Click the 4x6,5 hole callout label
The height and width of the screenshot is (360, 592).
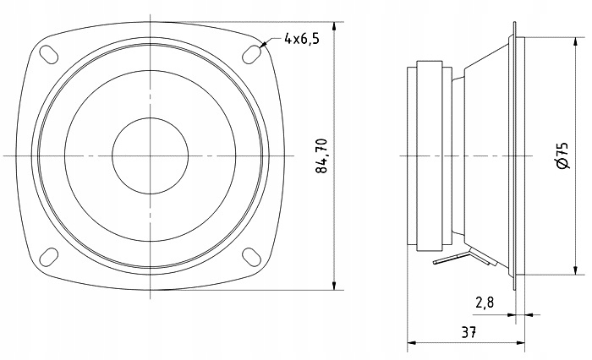click(302, 39)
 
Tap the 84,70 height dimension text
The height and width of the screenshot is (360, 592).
click(321, 155)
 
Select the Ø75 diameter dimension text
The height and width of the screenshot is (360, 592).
click(562, 155)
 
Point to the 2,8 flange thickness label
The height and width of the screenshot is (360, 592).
click(485, 303)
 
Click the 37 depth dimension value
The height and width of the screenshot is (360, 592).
click(469, 332)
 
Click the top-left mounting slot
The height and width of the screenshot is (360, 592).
click(49, 54)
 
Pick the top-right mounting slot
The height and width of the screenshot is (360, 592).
click(251, 54)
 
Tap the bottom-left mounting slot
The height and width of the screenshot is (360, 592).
click(49, 257)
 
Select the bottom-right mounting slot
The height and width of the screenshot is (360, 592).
click(251, 257)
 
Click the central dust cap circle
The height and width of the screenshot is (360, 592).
click(150, 155)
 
